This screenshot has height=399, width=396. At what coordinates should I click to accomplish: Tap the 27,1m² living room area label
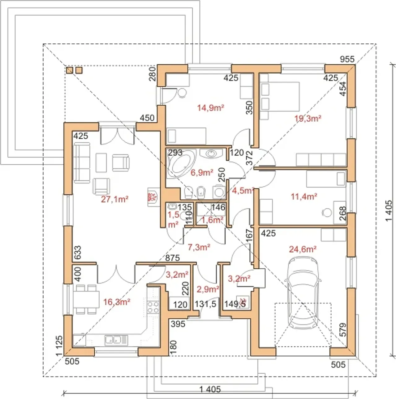pos(115,199)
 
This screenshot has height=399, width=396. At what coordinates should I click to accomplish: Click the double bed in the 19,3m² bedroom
pos(280,97)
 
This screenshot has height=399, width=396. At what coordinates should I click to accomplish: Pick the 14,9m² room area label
pos(211,108)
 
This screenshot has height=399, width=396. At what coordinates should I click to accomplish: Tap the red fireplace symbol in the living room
pos(153,197)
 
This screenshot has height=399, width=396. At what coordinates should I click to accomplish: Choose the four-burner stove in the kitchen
pos(153,307)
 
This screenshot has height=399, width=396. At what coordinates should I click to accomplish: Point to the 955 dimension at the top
pos(347,59)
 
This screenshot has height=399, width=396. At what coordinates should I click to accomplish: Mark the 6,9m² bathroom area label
pos(202,172)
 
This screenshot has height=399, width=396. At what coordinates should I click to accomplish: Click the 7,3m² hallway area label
pos(199,247)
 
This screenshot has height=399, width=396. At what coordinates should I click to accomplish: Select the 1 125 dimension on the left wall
pos(59,346)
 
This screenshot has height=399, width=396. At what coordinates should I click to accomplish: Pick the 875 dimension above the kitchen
pos(172,258)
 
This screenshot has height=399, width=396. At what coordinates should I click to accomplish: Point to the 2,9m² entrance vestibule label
pos(208,289)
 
